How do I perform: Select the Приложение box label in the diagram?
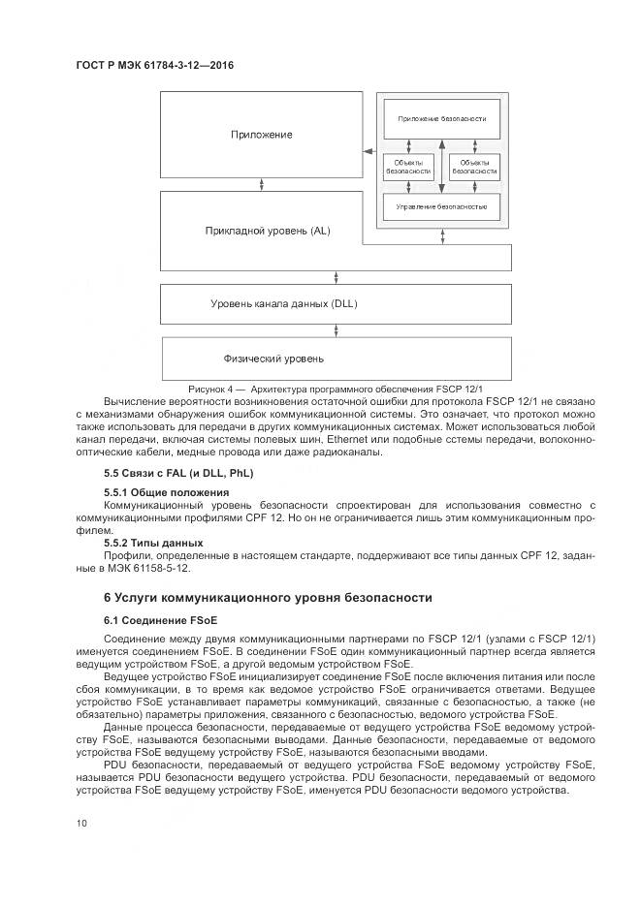tap(261, 135)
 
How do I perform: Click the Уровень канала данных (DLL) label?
tap(284, 303)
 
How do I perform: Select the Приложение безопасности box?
tap(441, 118)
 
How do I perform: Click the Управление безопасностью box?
tap(441, 207)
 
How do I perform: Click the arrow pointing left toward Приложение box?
tap(368, 151)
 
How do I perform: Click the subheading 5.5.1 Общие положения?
tap(160, 493)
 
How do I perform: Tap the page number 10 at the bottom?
tap(81, 823)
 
